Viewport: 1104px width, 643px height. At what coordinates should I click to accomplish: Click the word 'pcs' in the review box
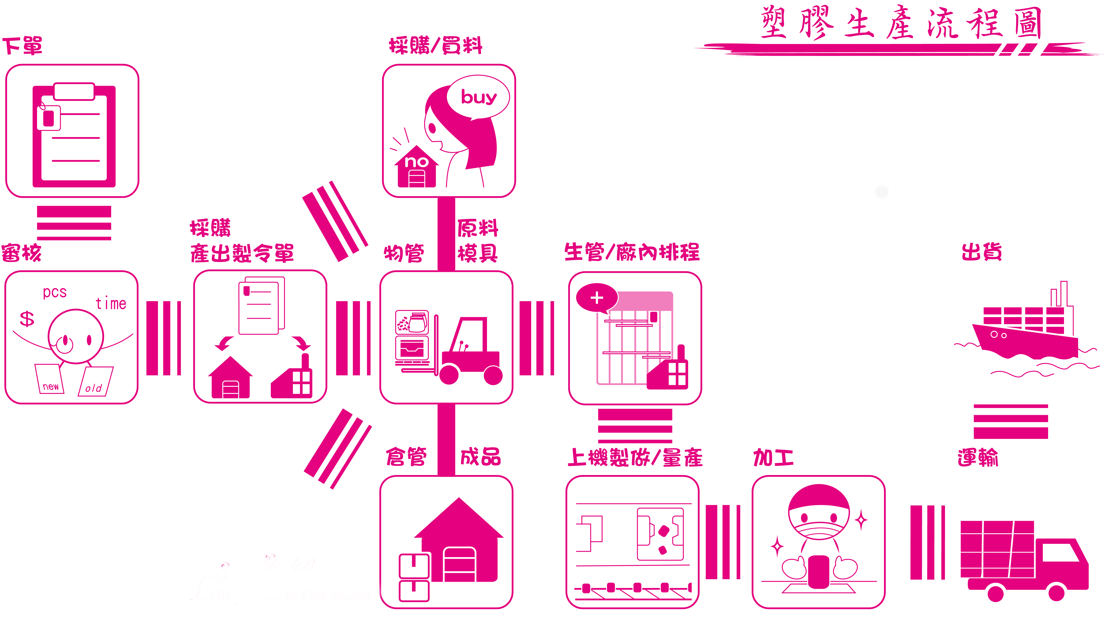(x=55, y=292)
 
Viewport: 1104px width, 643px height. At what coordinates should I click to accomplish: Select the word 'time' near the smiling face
(x=111, y=303)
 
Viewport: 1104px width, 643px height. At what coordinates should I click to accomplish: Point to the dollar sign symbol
(x=27, y=319)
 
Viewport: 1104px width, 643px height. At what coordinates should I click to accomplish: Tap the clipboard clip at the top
(x=74, y=91)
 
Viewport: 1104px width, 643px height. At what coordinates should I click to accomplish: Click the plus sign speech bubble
(x=597, y=298)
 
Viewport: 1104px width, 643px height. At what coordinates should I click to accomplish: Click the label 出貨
(x=981, y=252)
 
